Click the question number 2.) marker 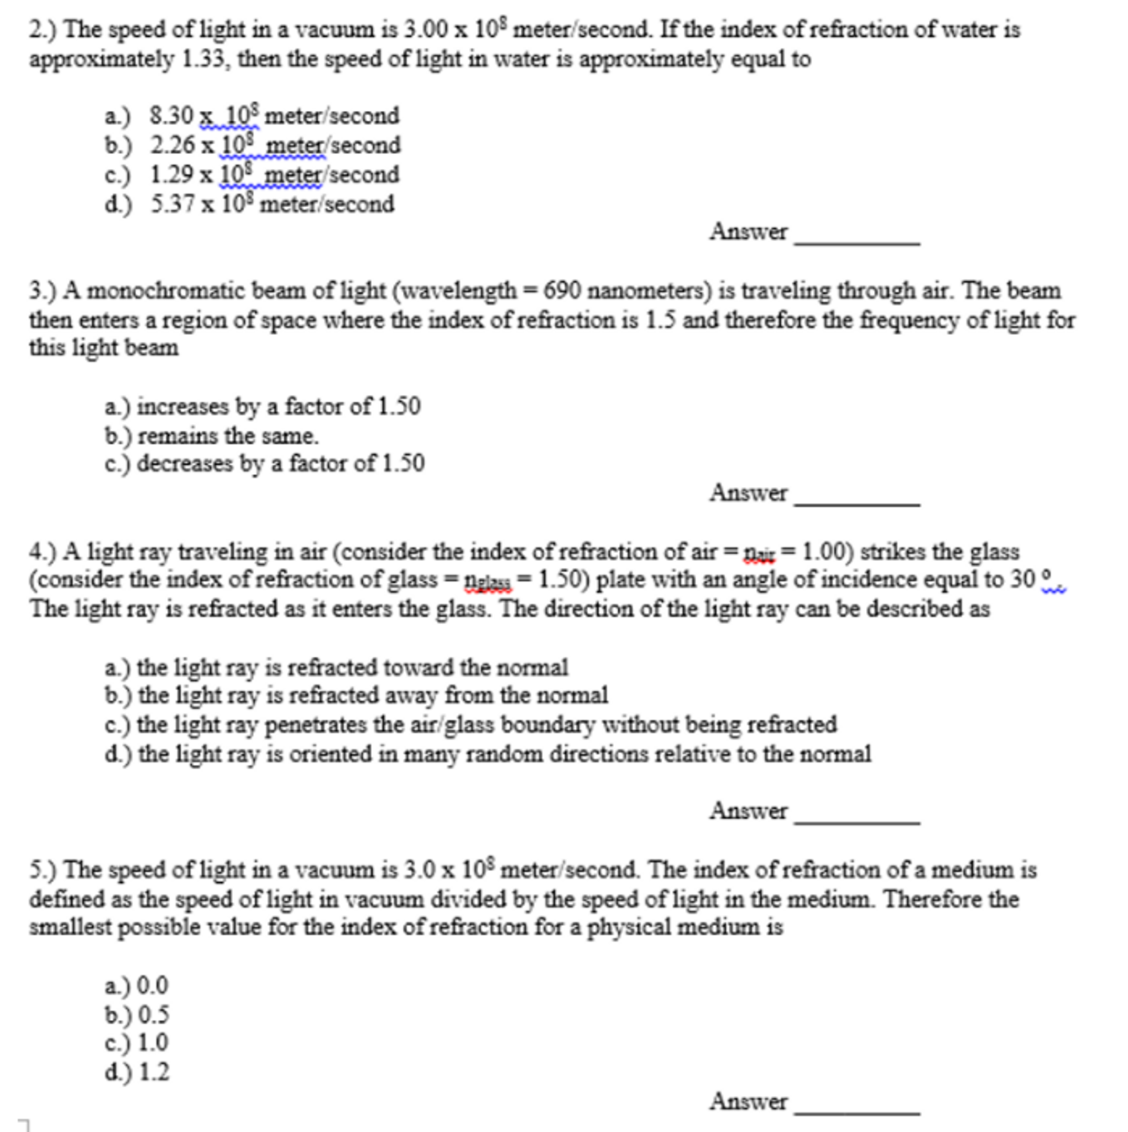pyautogui.click(x=43, y=29)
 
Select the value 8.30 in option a pyautogui.click(x=171, y=116)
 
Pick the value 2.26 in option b pyautogui.click(x=172, y=145)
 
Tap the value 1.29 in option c pyautogui.click(x=171, y=174)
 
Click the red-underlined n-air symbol pyautogui.click(x=758, y=553)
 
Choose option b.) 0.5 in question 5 pyautogui.click(x=138, y=1014)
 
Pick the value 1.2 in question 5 pyautogui.click(x=154, y=1072)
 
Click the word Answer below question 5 pyautogui.click(x=748, y=1101)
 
